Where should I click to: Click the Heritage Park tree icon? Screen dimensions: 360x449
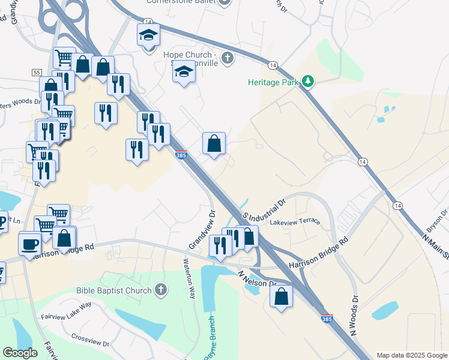[307, 81]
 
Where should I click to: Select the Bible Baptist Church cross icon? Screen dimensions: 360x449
[160, 290]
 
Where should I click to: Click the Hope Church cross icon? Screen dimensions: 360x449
[227, 58]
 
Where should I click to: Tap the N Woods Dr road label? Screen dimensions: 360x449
[354, 315]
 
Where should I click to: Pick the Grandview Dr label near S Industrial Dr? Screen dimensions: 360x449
[202, 230]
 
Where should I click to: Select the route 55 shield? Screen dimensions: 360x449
[37, 73]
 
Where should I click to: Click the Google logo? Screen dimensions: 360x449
[20, 353]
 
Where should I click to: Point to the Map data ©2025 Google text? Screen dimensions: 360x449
[411, 355]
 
